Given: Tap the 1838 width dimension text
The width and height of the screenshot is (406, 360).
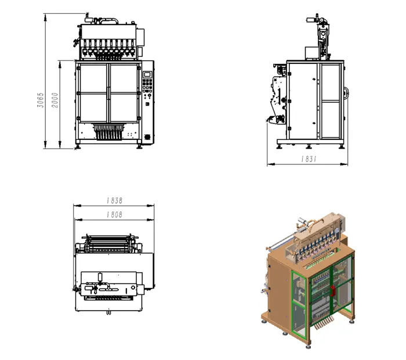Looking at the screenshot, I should coord(114,200).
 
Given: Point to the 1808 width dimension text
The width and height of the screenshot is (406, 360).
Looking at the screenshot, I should coord(114,214).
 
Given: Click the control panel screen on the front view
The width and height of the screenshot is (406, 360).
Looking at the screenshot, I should coord(147,74).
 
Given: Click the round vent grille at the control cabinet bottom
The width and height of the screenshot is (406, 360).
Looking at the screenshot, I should coord(147,136).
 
